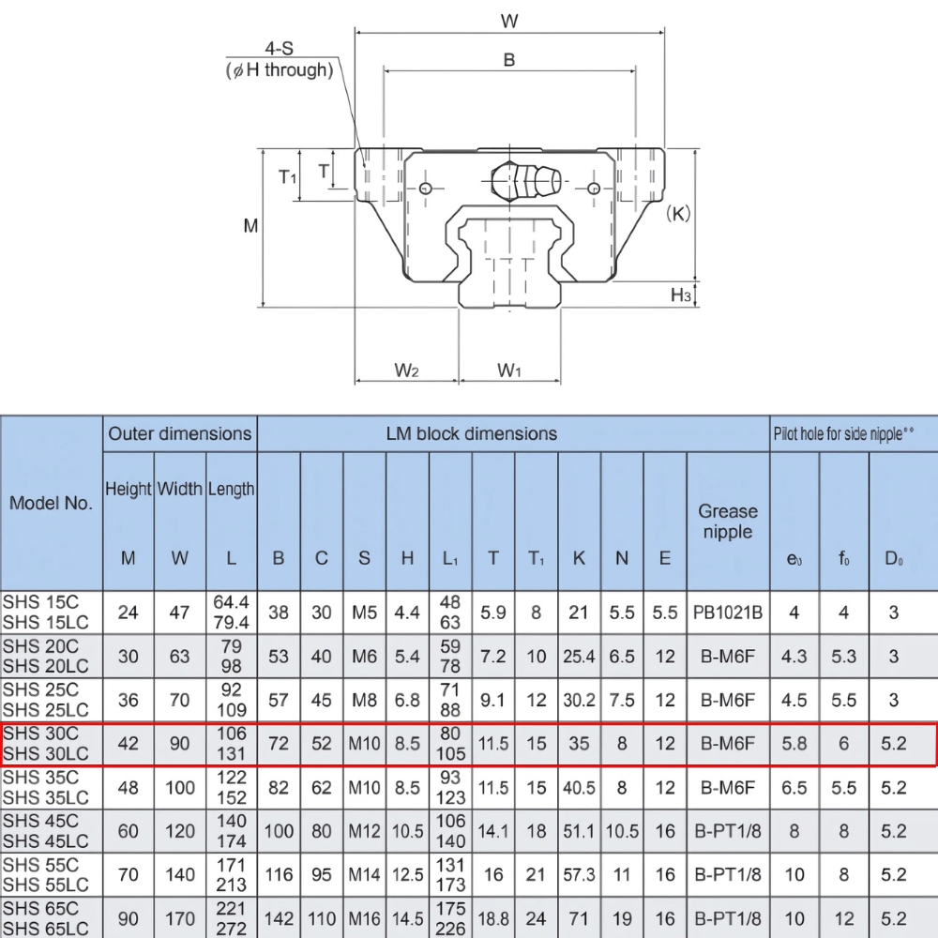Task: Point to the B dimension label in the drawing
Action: pyautogui.click(x=509, y=59)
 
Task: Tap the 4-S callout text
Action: pyautogui.click(x=281, y=49)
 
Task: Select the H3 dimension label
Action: pyautogui.click(x=681, y=296)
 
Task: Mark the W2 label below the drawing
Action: pyautogui.click(x=405, y=371)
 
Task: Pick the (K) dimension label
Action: pyautogui.click(x=677, y=213)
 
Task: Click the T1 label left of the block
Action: pyautogui.click(x=288, y=175)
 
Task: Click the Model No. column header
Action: pyautogui.click(x=52, y=503)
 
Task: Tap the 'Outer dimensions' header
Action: pyautogui.click(x=180, y=433)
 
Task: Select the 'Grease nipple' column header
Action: pyautogui.click(x=728, y=522)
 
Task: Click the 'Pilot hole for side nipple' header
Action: pyautogui.click(x=843, y=433)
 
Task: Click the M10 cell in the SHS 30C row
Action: pyautogui.click(x=364, y=745)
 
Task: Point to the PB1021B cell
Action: pyautogui.click(x=728, y=613)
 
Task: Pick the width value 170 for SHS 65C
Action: pyautogui.click(x=180, y=919)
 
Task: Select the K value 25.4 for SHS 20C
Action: pyautogui.click(x=579, y=657)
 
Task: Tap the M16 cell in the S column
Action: pyautogui.click(x=364, y=919)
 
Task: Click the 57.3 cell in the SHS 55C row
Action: pyautogui.click(x=579, y=875)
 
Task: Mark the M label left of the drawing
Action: pyautogui.click(x=250, y=226)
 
